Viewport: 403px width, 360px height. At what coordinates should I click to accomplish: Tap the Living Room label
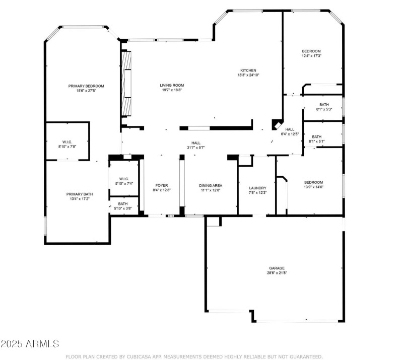(172, 85)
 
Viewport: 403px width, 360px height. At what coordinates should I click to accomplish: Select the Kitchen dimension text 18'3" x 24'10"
(248, 76)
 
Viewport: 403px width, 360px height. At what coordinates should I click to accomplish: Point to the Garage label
(277, 268)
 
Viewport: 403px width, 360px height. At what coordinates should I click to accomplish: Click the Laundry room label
(257, 188)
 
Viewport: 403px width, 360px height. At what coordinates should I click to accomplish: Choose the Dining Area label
(211, 185)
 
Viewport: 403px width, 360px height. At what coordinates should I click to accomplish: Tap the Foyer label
(161, 185)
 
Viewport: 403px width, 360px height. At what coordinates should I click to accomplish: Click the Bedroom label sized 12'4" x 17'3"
(311, 51)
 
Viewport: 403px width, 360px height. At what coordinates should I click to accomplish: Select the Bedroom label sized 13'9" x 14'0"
(313, 182)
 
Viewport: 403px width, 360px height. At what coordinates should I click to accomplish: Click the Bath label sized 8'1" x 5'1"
(316, 136)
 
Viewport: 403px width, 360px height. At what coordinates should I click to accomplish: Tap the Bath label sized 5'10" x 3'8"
(123, 204)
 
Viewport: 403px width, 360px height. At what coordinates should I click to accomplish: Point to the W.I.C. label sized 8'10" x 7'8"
(68, 141)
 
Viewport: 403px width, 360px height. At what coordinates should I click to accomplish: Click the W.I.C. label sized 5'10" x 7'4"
(124, 179)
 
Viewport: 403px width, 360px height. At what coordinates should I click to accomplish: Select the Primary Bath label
(80, 194)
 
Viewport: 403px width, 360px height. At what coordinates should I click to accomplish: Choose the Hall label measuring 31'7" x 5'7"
(195, 143)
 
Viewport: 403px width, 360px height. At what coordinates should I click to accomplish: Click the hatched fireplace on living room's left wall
(127, 84)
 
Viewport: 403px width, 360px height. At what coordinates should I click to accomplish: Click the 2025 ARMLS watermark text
(30, 344)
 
